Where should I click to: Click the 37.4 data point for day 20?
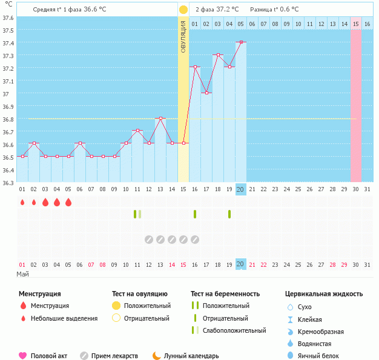pos(240,42)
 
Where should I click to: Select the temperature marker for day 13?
pos(160,118)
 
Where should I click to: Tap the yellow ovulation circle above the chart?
pos(183,10)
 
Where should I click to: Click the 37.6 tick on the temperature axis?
pos(8,17)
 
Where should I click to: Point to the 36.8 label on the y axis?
pos(8,119)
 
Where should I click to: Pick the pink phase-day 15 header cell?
pos(356,24)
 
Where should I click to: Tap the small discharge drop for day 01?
pos(22,203)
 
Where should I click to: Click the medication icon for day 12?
pos(149,240)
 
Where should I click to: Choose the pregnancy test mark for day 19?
pos(229,214)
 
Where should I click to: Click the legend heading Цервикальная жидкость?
pos(324,294)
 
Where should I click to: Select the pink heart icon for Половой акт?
pos(23,356)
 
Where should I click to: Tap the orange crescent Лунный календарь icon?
pos(156,356)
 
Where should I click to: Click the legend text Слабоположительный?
pos(234,331)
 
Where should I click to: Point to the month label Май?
pos(22,274)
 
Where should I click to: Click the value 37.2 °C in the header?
pos(227,10)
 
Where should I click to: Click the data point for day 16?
pos(194,67)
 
